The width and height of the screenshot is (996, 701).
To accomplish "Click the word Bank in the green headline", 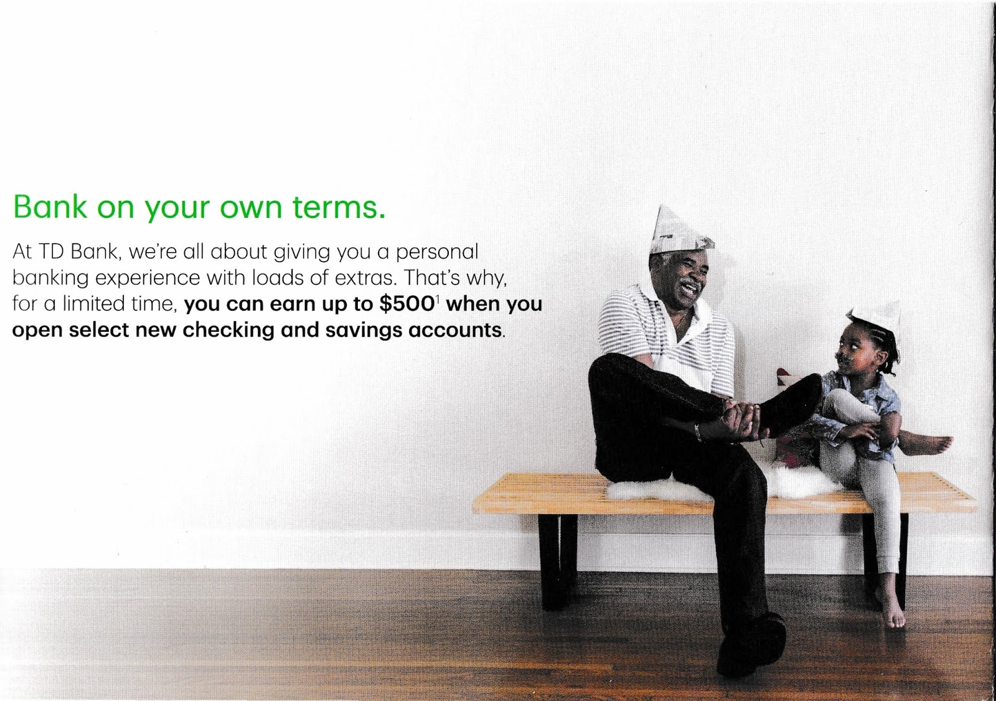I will point(50,207).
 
